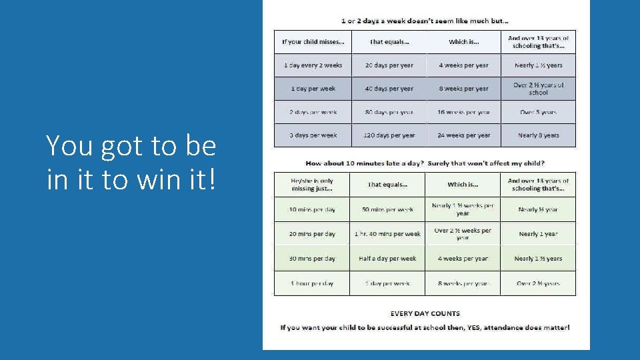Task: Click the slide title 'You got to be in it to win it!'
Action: coord(131,162)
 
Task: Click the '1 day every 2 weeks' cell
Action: coord(313,65)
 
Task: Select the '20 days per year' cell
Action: coord(389,65)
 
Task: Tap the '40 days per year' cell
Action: coord(389,89)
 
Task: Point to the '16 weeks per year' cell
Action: coord(463,112)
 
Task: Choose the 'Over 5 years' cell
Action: coord(538,112)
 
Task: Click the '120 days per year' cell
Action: coord(389,135)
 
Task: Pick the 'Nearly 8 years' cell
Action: coord(538,135)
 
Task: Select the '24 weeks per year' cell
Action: coord(463,135)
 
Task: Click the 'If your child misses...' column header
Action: coord(313,42)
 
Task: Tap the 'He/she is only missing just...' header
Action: coord(312,185)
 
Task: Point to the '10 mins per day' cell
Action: coord(312,209)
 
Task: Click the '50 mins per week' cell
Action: coord(387,209)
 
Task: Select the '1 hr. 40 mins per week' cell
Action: coord(387,234)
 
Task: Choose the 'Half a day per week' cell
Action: coord(387,259)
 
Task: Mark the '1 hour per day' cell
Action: coord(312,283)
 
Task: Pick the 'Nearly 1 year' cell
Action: coord(538,234)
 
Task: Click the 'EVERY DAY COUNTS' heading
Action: coord(425,313)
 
